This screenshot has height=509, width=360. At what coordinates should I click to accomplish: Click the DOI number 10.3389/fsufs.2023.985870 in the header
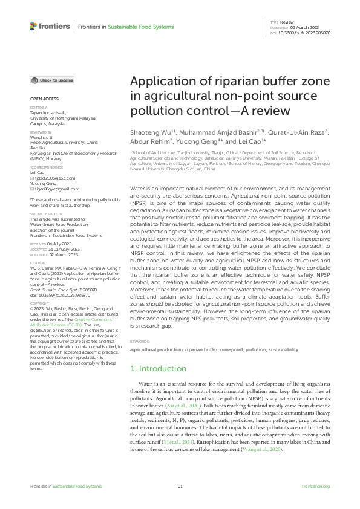310,34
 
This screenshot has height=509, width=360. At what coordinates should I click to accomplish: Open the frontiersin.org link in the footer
315,486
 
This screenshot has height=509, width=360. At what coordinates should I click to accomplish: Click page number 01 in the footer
180,486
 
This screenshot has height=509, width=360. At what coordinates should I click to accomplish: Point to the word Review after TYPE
287,21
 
